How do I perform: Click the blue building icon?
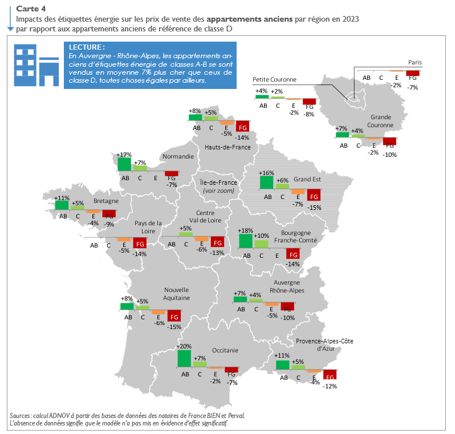click(36, 64)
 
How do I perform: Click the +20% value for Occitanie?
click(184, 346)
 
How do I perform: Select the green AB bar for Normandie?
click(124, 164)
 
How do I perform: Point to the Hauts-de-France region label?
click(228, 147)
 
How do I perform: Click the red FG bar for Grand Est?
click(313, 195)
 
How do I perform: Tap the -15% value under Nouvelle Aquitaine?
click(174, 327)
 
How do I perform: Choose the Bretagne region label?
click(106, 201)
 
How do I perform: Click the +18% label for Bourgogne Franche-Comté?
click(246, 230)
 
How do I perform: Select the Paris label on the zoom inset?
click(415, 62)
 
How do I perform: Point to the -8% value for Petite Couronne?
click(310, 114)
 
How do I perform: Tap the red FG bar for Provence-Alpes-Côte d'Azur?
click(330, 375)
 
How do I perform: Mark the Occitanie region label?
click(225, 351)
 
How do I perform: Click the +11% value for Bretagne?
click(62, 198)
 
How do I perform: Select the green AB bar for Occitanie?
click(184, 358)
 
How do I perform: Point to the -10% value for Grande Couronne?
click(390, 154)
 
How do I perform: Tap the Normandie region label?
click(178, 156)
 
